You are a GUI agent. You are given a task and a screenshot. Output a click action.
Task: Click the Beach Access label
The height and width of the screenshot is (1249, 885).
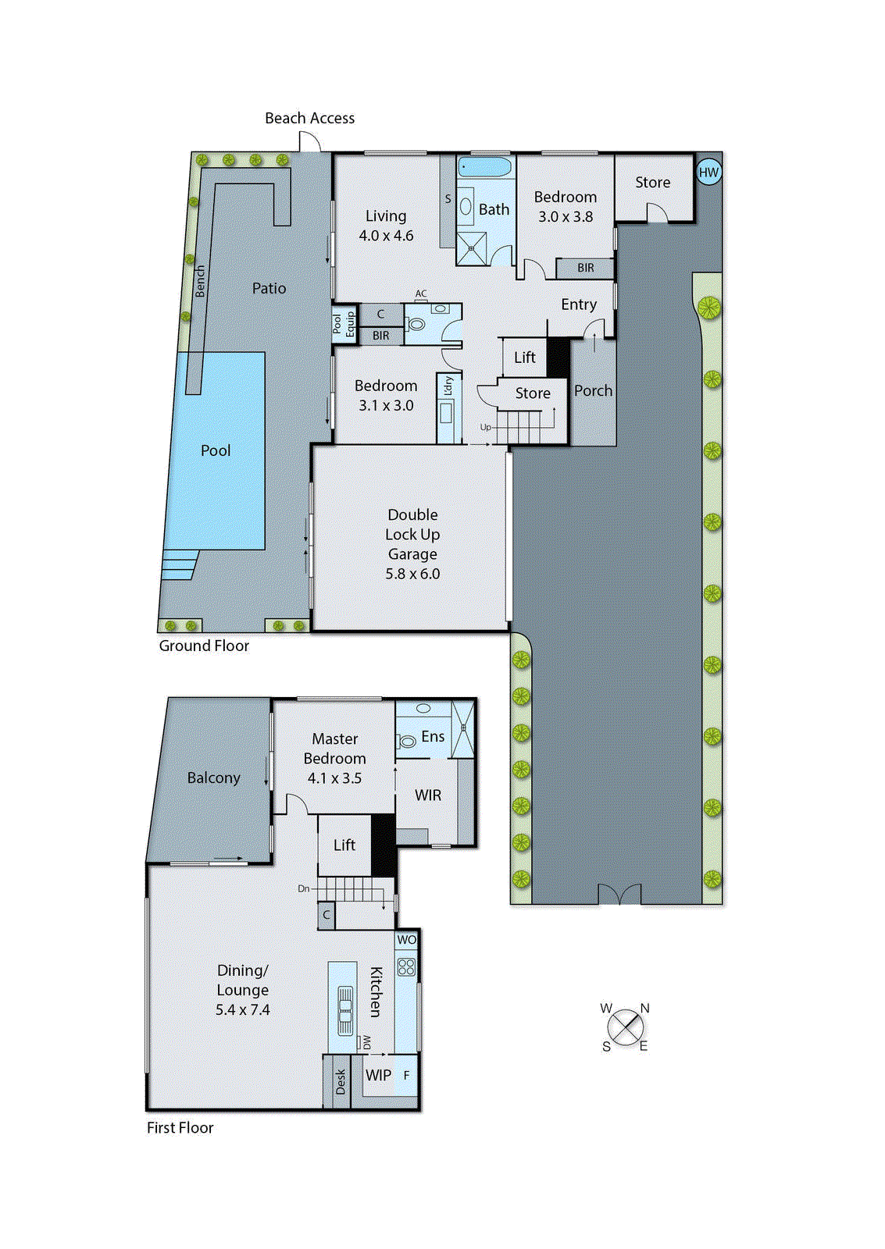[309, 118]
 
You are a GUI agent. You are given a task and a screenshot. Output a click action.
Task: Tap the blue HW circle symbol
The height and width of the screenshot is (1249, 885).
[708, 173]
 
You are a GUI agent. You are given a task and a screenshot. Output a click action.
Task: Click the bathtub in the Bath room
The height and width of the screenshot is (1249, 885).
[485, 166]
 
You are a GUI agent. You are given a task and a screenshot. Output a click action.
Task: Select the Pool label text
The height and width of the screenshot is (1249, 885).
[216, 450]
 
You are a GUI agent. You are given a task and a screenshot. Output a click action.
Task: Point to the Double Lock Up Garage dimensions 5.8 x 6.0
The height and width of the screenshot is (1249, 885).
[412, 574]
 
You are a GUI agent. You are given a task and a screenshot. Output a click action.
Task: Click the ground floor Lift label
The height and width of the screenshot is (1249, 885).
[525, 357]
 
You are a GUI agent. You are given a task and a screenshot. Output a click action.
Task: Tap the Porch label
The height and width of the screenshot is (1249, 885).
[593, 390]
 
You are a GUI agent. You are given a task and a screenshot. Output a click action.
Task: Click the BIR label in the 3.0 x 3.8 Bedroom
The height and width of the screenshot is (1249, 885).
[586, 268]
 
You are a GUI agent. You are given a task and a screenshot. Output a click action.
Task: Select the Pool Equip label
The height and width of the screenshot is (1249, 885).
[344, 323]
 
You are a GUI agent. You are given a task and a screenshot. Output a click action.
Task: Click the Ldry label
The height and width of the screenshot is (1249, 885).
[448, 386]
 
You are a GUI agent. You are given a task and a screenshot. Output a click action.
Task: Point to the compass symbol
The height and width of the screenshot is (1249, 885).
[625, 1027]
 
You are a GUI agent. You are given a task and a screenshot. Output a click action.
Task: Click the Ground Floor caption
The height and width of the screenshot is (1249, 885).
[204, 646]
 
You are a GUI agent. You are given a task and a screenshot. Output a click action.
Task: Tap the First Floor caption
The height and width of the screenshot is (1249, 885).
[180, 1127]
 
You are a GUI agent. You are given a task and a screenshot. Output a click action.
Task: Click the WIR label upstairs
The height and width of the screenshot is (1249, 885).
[428, 795]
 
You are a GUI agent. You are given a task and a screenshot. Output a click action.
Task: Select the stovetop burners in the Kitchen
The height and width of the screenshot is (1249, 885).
[406, 967]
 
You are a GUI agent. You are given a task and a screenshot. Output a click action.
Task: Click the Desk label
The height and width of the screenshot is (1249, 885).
[340, 1081]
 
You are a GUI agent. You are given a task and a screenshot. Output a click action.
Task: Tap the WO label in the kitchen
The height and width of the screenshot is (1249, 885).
[407, 940]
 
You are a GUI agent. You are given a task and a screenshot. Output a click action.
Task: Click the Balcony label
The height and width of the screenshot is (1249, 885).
[213, 778]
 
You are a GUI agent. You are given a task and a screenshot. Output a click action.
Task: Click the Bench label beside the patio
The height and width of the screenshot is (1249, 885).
[200, 281]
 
